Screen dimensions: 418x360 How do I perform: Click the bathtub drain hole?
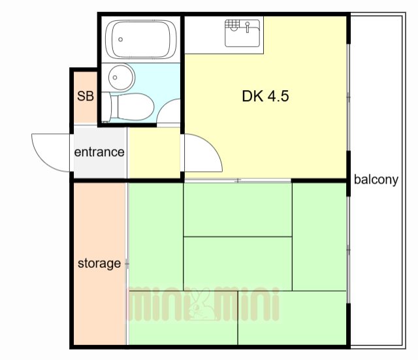120,39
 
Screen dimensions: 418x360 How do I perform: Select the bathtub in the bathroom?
141,39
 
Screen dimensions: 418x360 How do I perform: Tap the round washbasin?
121,77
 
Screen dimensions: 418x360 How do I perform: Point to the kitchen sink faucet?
248,27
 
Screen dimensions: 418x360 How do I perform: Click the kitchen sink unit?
242,33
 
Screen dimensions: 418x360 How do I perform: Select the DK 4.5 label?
265,96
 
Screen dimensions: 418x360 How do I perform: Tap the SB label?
86,96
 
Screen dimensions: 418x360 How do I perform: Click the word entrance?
99,152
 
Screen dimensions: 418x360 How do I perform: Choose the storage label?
99,263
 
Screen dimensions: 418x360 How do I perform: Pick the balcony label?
376,180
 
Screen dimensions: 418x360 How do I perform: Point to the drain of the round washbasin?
115,78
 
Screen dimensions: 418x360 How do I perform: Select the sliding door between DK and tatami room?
238,180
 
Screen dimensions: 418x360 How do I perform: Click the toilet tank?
106,106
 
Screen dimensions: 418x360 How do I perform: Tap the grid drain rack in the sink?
233,24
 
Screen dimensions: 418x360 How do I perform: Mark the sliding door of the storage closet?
127,263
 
